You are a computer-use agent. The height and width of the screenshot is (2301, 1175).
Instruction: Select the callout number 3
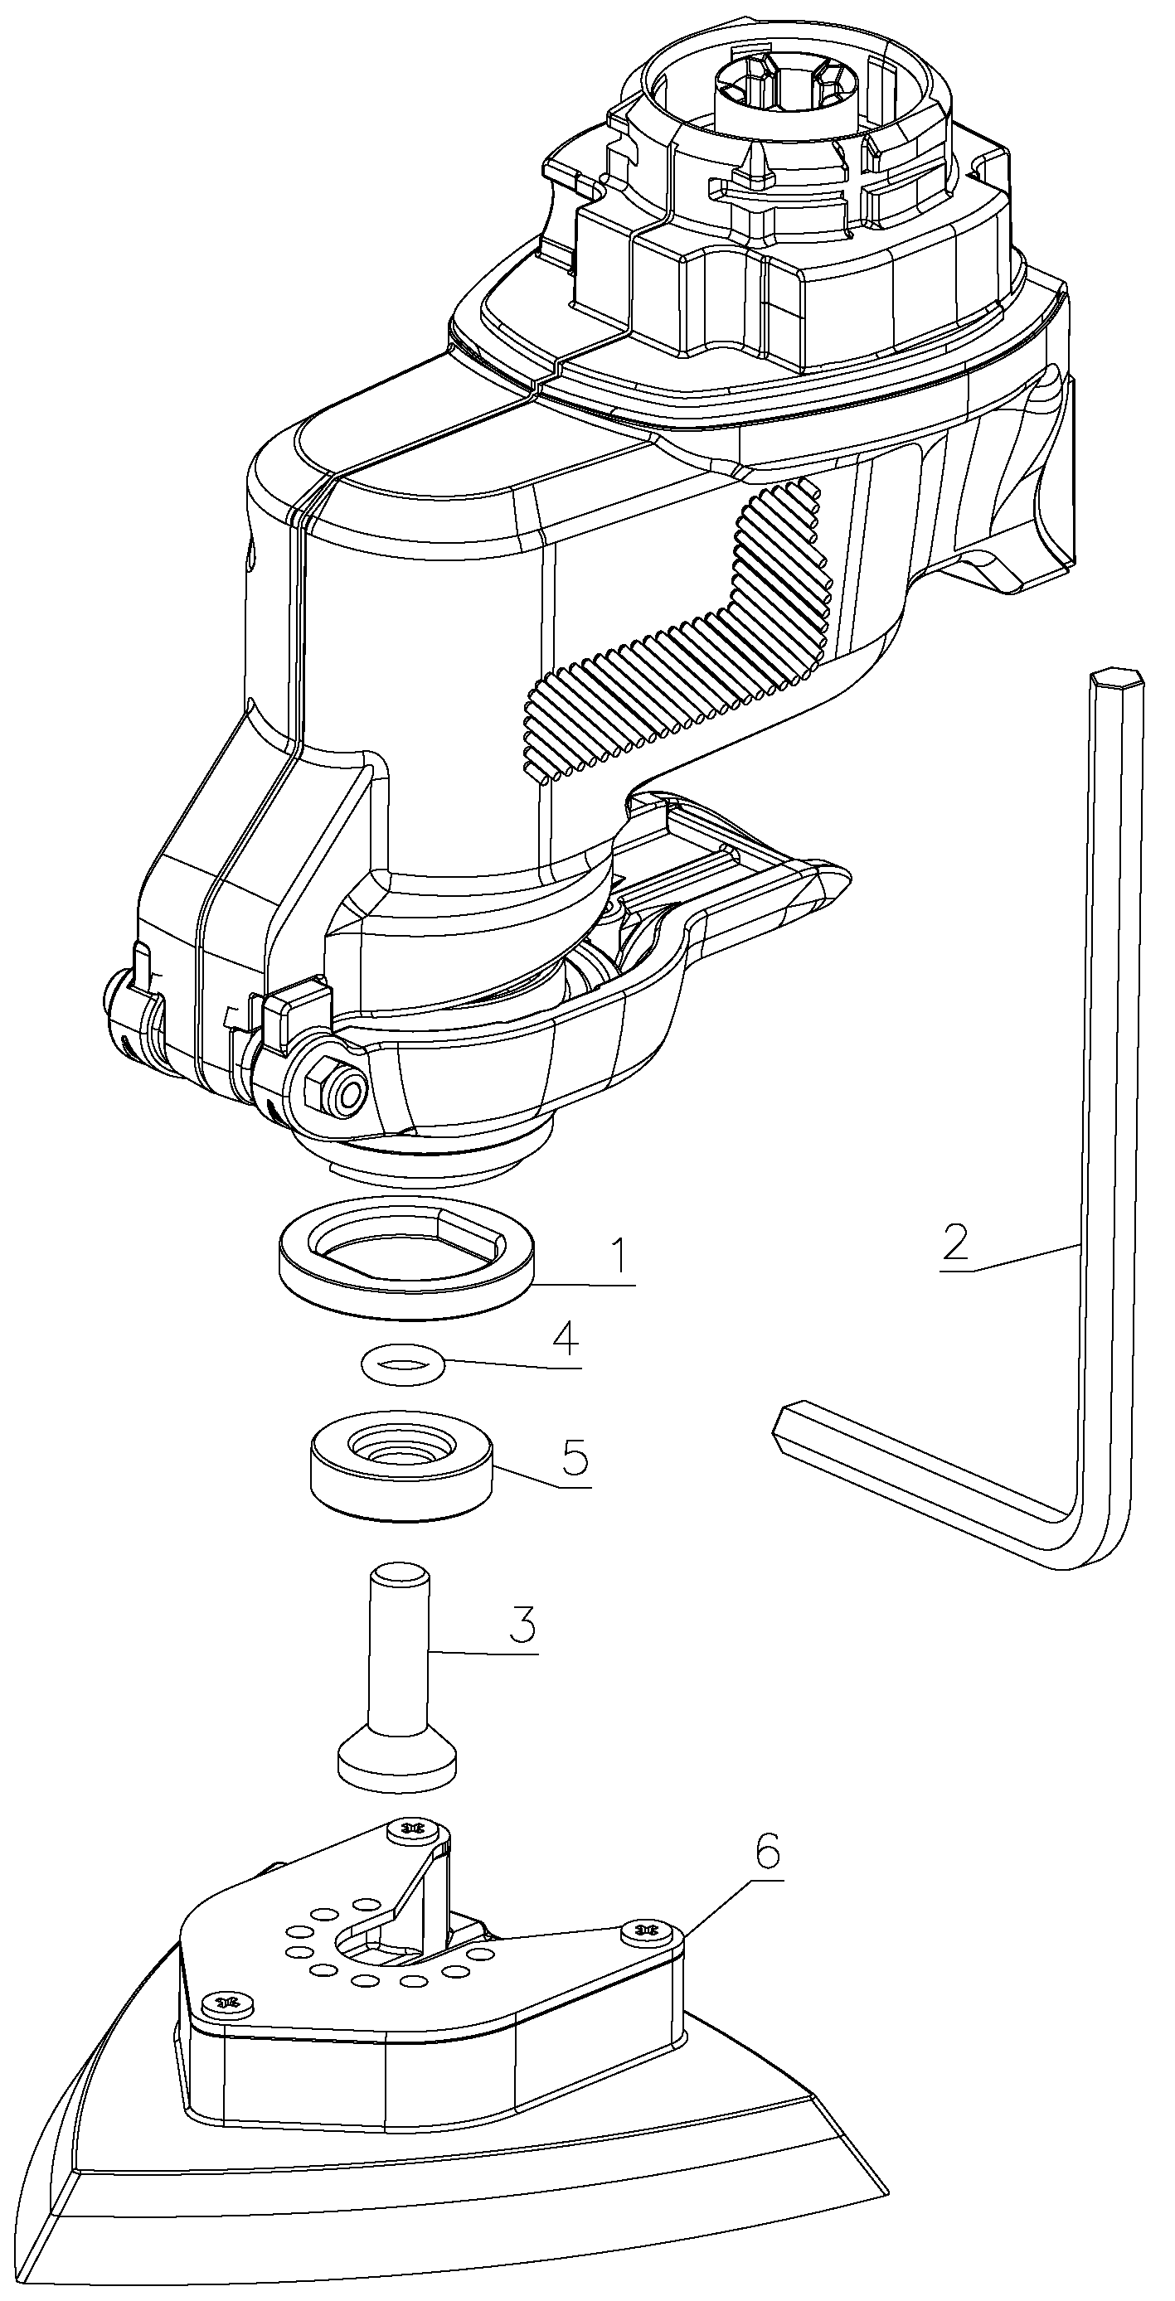click(522, 1625)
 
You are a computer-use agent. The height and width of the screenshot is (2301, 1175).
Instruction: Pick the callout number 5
click(574, 1458)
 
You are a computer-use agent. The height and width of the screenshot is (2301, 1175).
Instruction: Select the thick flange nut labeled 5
click(402, 1464)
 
